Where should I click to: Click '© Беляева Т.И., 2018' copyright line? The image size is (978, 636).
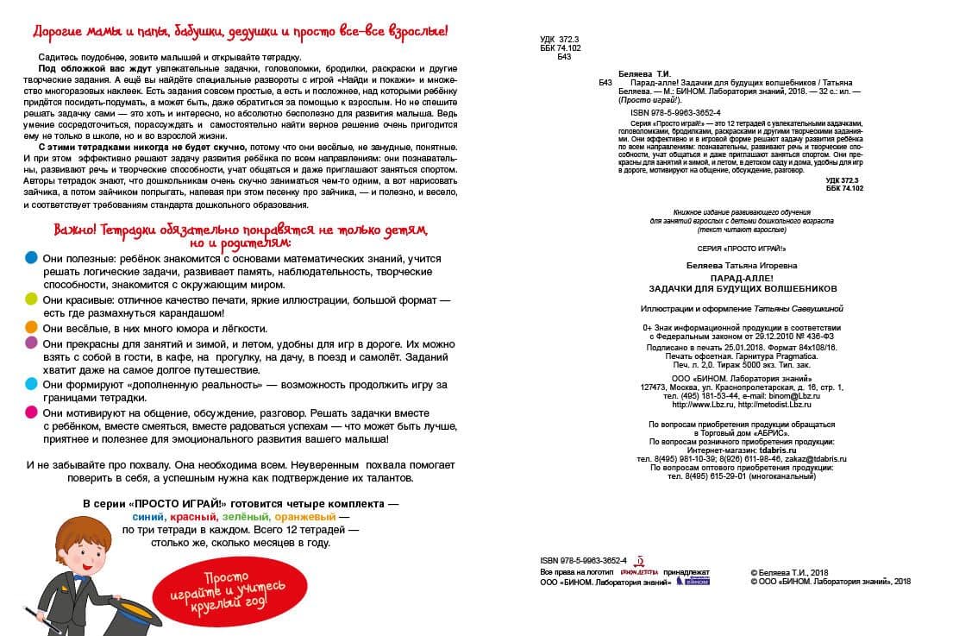click(790, 572)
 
